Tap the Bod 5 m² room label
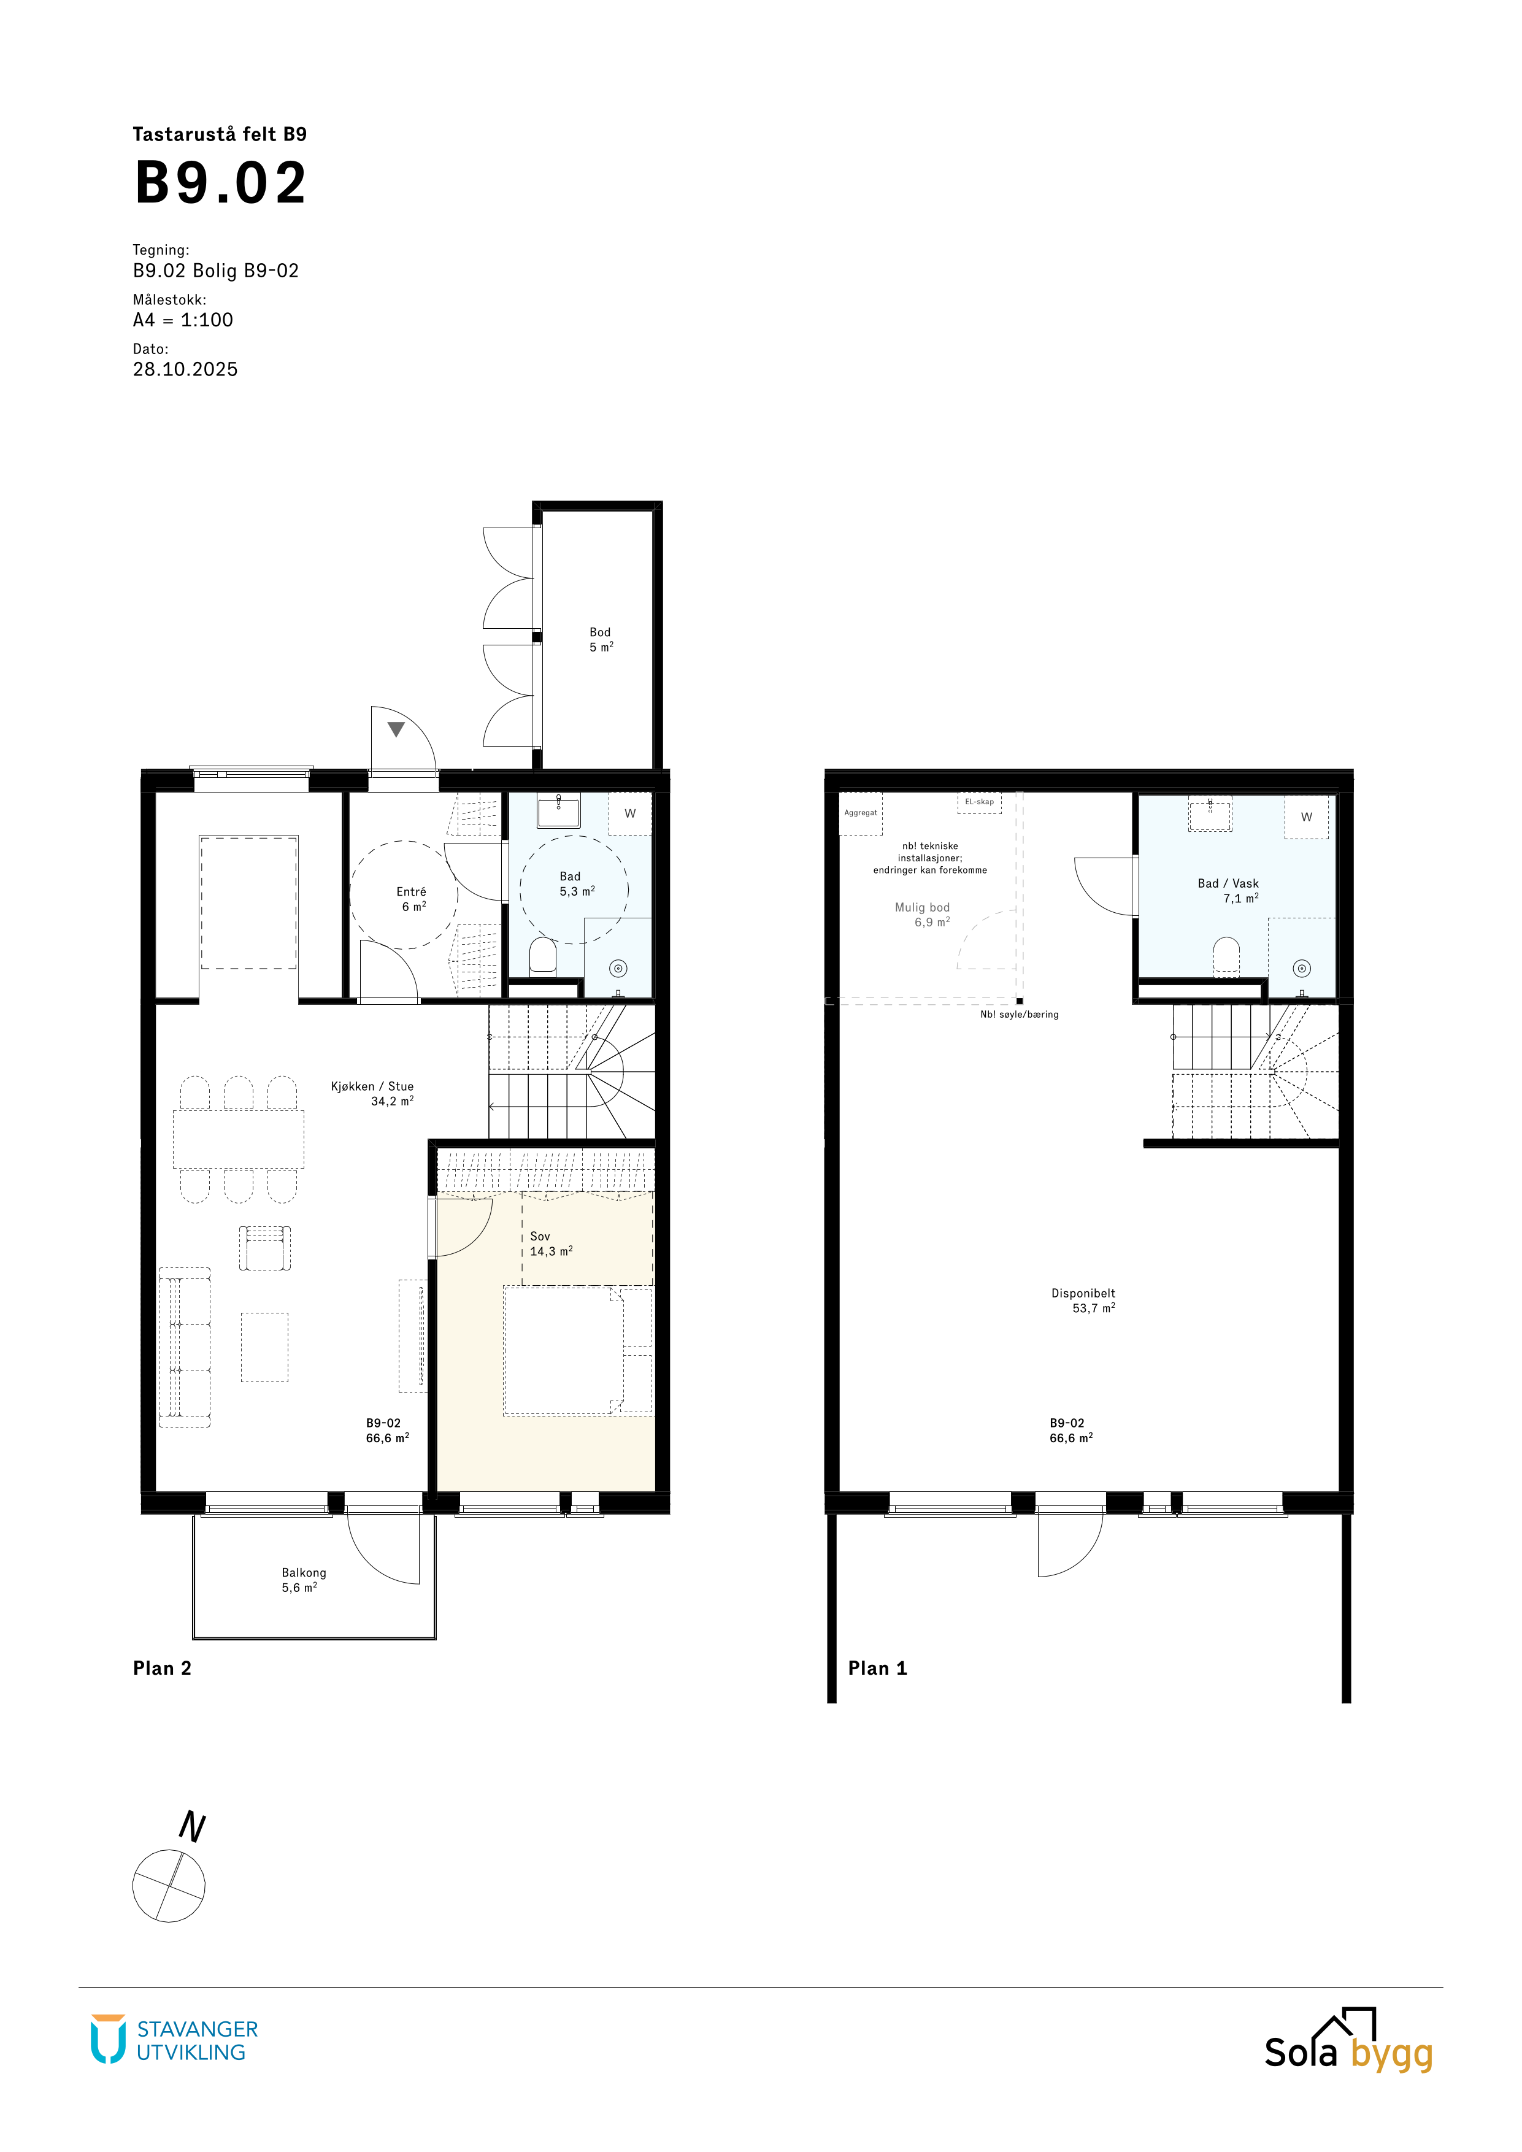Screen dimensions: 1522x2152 click(601, 640)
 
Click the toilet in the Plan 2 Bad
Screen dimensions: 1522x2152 click(543, 956)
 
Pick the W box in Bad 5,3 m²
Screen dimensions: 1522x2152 click(630, 813)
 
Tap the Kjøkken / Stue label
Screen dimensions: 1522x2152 click(372, 1086)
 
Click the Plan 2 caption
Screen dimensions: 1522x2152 click(162, 1669)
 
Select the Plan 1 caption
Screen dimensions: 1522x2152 click(877, 1669)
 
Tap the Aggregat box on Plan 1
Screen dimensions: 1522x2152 click(860, 813)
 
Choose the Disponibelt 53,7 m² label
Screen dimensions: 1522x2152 click(1085, 1301)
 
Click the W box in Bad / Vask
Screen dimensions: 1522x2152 click(1307, 817)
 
